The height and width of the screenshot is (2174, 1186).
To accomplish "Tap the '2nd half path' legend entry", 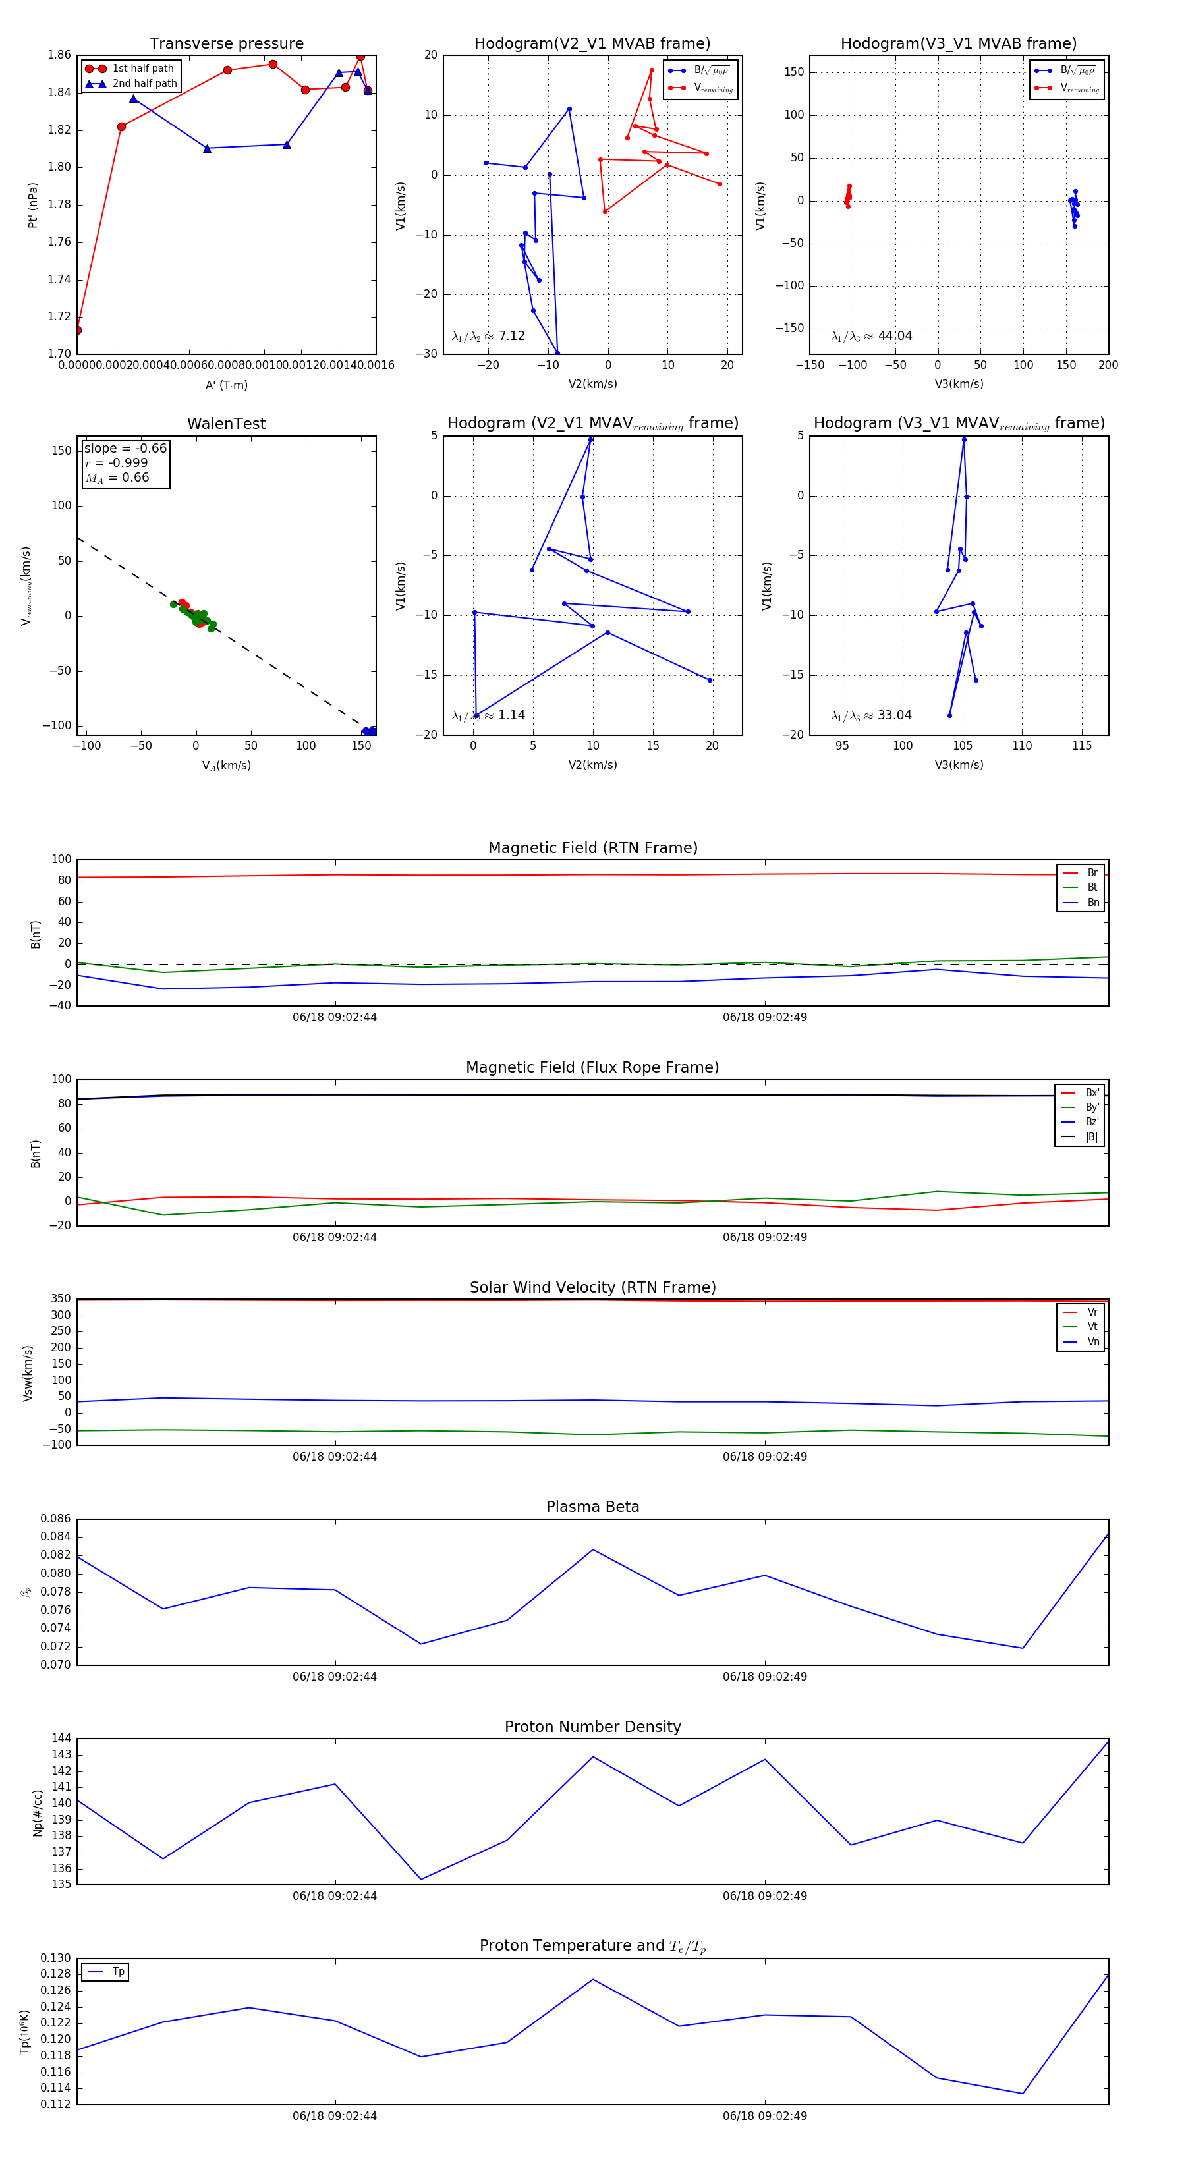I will tap(144, 84).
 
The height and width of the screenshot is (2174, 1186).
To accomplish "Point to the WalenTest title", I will tap(226, 424).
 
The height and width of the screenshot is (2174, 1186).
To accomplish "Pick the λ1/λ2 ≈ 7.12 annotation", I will tap(488, 336).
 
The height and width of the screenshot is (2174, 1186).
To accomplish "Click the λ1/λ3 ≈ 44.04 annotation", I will tap(871, 336).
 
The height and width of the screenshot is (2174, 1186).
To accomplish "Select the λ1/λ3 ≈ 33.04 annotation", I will tap(871, 715).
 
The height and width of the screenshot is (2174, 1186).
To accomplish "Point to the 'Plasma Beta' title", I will tap(592, 1507).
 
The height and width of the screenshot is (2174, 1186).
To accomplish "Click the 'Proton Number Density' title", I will tap(592, 1727).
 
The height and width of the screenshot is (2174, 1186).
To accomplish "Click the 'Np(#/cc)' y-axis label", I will tap(37, 1813).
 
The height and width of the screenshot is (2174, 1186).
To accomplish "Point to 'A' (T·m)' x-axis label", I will tap(226, 385).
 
